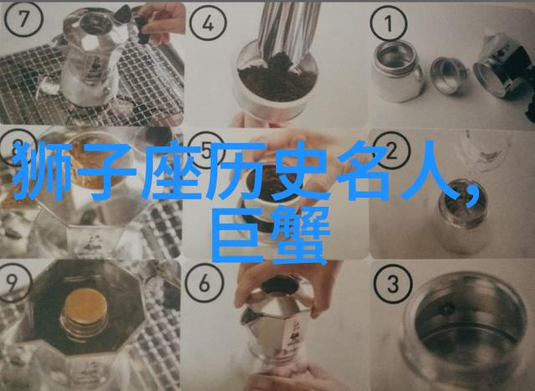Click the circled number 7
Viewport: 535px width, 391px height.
[23, 18]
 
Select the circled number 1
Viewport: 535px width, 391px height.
[389, 23]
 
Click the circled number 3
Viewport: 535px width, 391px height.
[393, 283]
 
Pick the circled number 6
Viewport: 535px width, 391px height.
[204, 283]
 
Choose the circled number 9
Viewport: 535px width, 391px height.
[13, 282]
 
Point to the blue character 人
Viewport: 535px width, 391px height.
[430, 171]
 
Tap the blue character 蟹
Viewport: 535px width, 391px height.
[300, 234]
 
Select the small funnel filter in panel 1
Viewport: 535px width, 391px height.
[448, 75]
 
